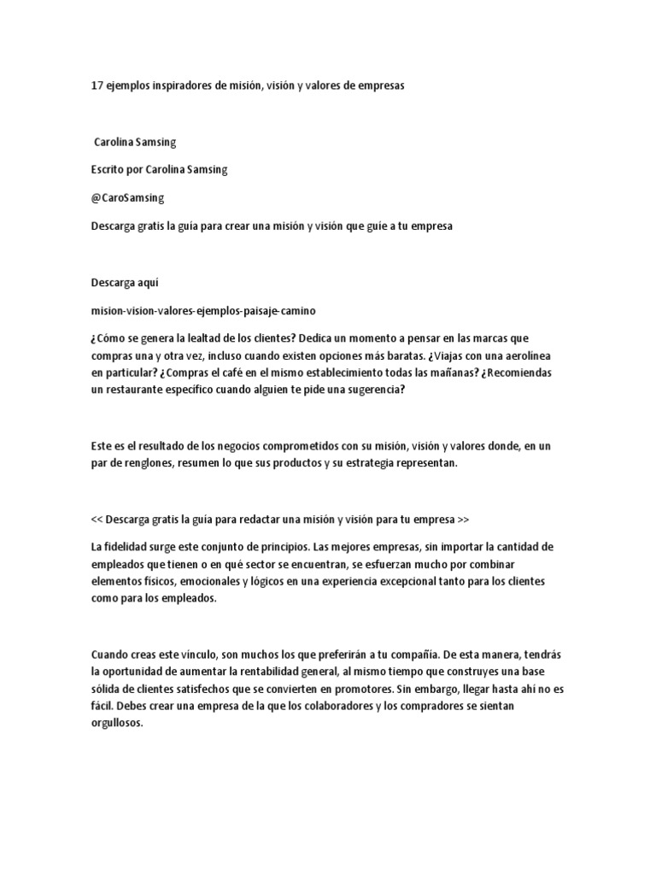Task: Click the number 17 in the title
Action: tap(97, 86)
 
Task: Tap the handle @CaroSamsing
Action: tap(127, 197)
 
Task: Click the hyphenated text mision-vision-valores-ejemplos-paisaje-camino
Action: tap(208, 309)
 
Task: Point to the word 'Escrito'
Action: tap(108, 169)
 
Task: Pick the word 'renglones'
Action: tap(141, 463)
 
